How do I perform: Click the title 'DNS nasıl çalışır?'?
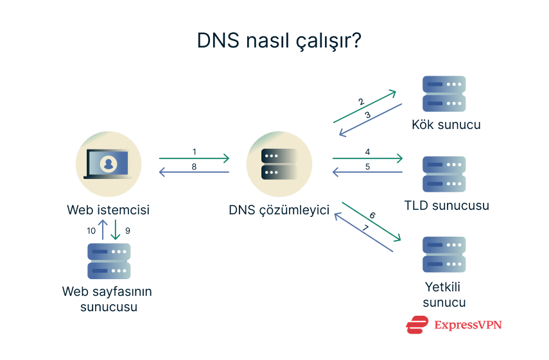(279, 41)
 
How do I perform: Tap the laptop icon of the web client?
(108, 164)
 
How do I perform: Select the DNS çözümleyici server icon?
(279, 164)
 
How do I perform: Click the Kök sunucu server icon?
(444, 94)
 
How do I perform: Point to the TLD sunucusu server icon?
(444, 174)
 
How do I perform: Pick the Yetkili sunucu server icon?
(444, 255)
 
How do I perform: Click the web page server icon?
(109, 261)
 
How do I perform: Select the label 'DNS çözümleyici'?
(279, 210)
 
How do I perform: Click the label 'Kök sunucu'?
(446, 124)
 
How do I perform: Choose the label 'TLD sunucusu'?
(447, 206)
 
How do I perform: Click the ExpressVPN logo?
(453, 325)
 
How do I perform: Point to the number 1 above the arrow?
(194, 151)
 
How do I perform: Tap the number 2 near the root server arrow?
(361, 102)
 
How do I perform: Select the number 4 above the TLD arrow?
(367, 152)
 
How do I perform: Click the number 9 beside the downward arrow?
(127, 230)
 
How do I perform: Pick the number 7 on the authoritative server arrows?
(365, 228)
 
